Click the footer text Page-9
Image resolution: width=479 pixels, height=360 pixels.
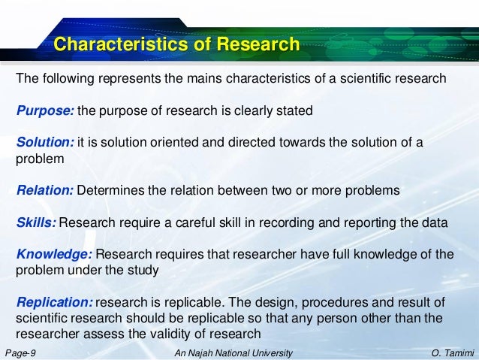(x=20, y=352)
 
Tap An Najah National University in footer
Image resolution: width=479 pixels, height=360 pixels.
(x=233, y=352)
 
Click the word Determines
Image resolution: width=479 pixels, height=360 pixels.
(x=112, y=191)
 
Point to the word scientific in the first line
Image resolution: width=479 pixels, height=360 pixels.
(x=376, y=79)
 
